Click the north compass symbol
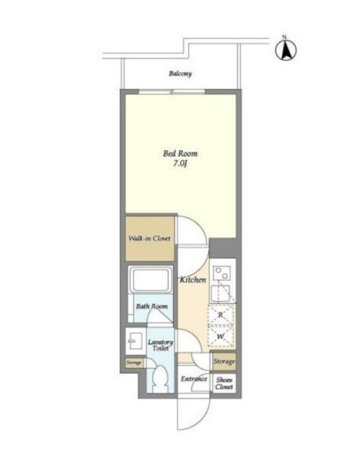tap(285, 50)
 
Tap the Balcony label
tap(180, 73)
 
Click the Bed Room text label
tap(180, 153)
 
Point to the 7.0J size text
tap(180, 164)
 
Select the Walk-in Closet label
tap(149, 238)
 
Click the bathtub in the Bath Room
tap(150, 280)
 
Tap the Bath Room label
tap(151, 306)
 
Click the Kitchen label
tap(193, 280)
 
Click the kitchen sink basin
tap(221, 293)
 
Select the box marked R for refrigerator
tap(221, 315)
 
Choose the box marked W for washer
tap(221, 337)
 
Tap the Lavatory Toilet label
tap(160, 345)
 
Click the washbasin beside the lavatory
tap(135, 340)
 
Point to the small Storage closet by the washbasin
tap(135, 363)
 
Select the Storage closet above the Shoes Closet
tap(224, 362)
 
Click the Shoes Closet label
tap(224, 383)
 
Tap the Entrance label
tap(194, 379)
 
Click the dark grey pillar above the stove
tap(222, 248)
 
